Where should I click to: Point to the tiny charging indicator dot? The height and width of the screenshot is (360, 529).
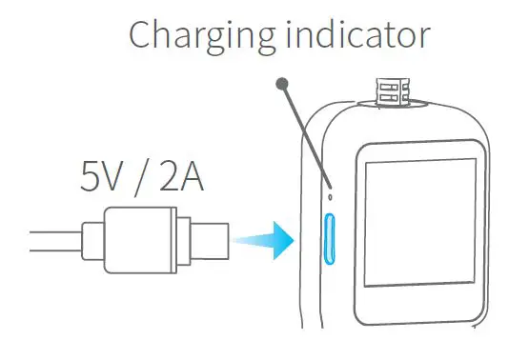pyautogui.click(x=329, y=197)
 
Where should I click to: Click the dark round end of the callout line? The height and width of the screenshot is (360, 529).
pyautogui.click(x=281, y=85)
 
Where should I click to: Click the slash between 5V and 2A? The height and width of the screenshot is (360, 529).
pyautogui.click(x=143, y=178)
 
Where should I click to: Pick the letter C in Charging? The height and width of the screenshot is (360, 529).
pyautogui.click(x=141, y=35)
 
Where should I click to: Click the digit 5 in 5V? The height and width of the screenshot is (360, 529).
pyautogui.click(x=90, y=178)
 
